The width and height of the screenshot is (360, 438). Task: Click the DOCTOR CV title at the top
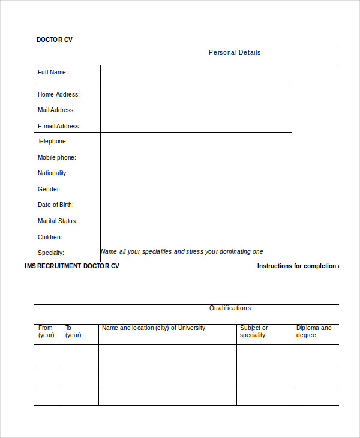(x=55, y=40)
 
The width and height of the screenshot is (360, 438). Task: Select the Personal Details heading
(x=235, y=52)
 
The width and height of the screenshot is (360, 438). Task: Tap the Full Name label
(x=53, y=72)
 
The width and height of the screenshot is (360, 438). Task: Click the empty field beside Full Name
(x=196, y=74)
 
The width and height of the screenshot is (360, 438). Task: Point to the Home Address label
(x=58, y=94)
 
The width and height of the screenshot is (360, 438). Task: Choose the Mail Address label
(x=56, y=110)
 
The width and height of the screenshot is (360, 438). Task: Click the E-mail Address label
(x=59, y=126)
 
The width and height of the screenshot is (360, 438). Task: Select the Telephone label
(x=53, y=141)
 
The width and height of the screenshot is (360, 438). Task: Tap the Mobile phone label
(x=57, y=157)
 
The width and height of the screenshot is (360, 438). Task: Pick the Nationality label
(x=53, y=173)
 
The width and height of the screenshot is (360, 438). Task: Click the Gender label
(x=49, y=189)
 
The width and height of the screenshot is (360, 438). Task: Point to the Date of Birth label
(x=56, y=205)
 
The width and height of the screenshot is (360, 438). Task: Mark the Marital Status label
(x=58, y=221)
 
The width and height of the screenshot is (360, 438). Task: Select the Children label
(x=50, y=237)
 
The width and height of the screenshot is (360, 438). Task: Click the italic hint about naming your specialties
(x=182, y=251)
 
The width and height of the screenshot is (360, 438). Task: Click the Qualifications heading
(x=230, y=308)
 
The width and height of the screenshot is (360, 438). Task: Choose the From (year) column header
(x=47, y=331)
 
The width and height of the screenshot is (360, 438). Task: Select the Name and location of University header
(x=154, y=328)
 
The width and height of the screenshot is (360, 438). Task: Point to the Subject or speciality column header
(x=254, y=331)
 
